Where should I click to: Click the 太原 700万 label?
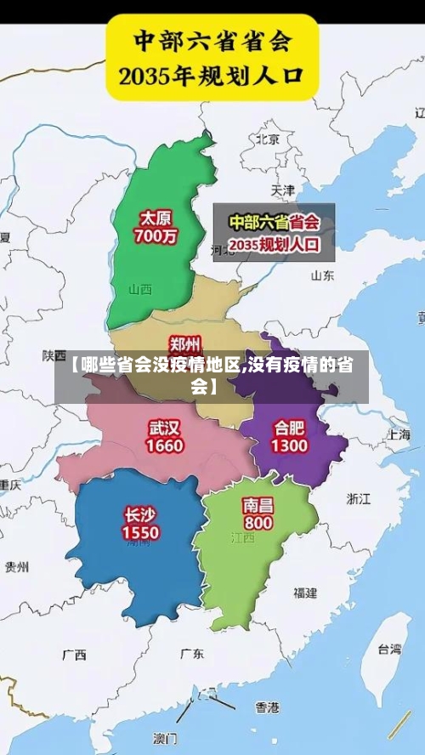tap(158, 227)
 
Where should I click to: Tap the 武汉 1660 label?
tap(165, 435)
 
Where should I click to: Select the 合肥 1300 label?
tap(290, 435)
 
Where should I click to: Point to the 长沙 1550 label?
tap(140, 522)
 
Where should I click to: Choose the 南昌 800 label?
tap(258, 513)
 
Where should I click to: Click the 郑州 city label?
tap(185, 343)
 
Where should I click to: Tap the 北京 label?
tap(268, 139)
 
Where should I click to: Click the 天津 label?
tap(282, 189)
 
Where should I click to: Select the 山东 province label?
tap(322, 275)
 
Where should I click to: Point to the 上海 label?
tap(399, 434)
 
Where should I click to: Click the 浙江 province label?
tap(359, 498)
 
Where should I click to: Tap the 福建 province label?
tap(305, 592)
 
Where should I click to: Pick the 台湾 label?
tap(389, 649)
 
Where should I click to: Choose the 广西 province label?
tap(74, 655)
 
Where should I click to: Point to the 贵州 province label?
tap(17, 566)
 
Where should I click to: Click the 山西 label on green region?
tap(140, 289)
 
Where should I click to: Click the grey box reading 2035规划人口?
tap(274, 232)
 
